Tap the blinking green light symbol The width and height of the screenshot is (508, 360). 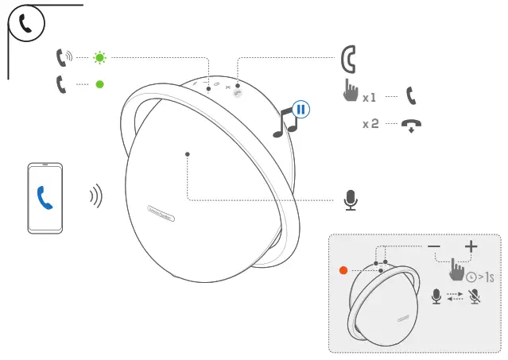(x=99, y=58)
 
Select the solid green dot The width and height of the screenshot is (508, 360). (x=99, y=83)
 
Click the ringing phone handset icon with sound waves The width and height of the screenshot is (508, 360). (x=63, y=57)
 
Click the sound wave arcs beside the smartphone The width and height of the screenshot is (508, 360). (x=96, y=196)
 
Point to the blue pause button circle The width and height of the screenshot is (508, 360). (x=301, y=110)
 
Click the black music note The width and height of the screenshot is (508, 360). (x=283, y=123)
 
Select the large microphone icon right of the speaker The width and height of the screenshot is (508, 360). (x=351, y=200)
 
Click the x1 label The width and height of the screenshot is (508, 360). (x=369, y=99)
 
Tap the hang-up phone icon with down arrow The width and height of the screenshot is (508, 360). (x=411, y=126)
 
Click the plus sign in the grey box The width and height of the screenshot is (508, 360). (x=471, y=246)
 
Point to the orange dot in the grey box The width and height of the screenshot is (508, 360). (x=343, y=270)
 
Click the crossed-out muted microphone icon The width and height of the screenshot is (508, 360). (x=475, y=296)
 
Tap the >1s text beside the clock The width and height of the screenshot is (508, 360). (x=487, y=277)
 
